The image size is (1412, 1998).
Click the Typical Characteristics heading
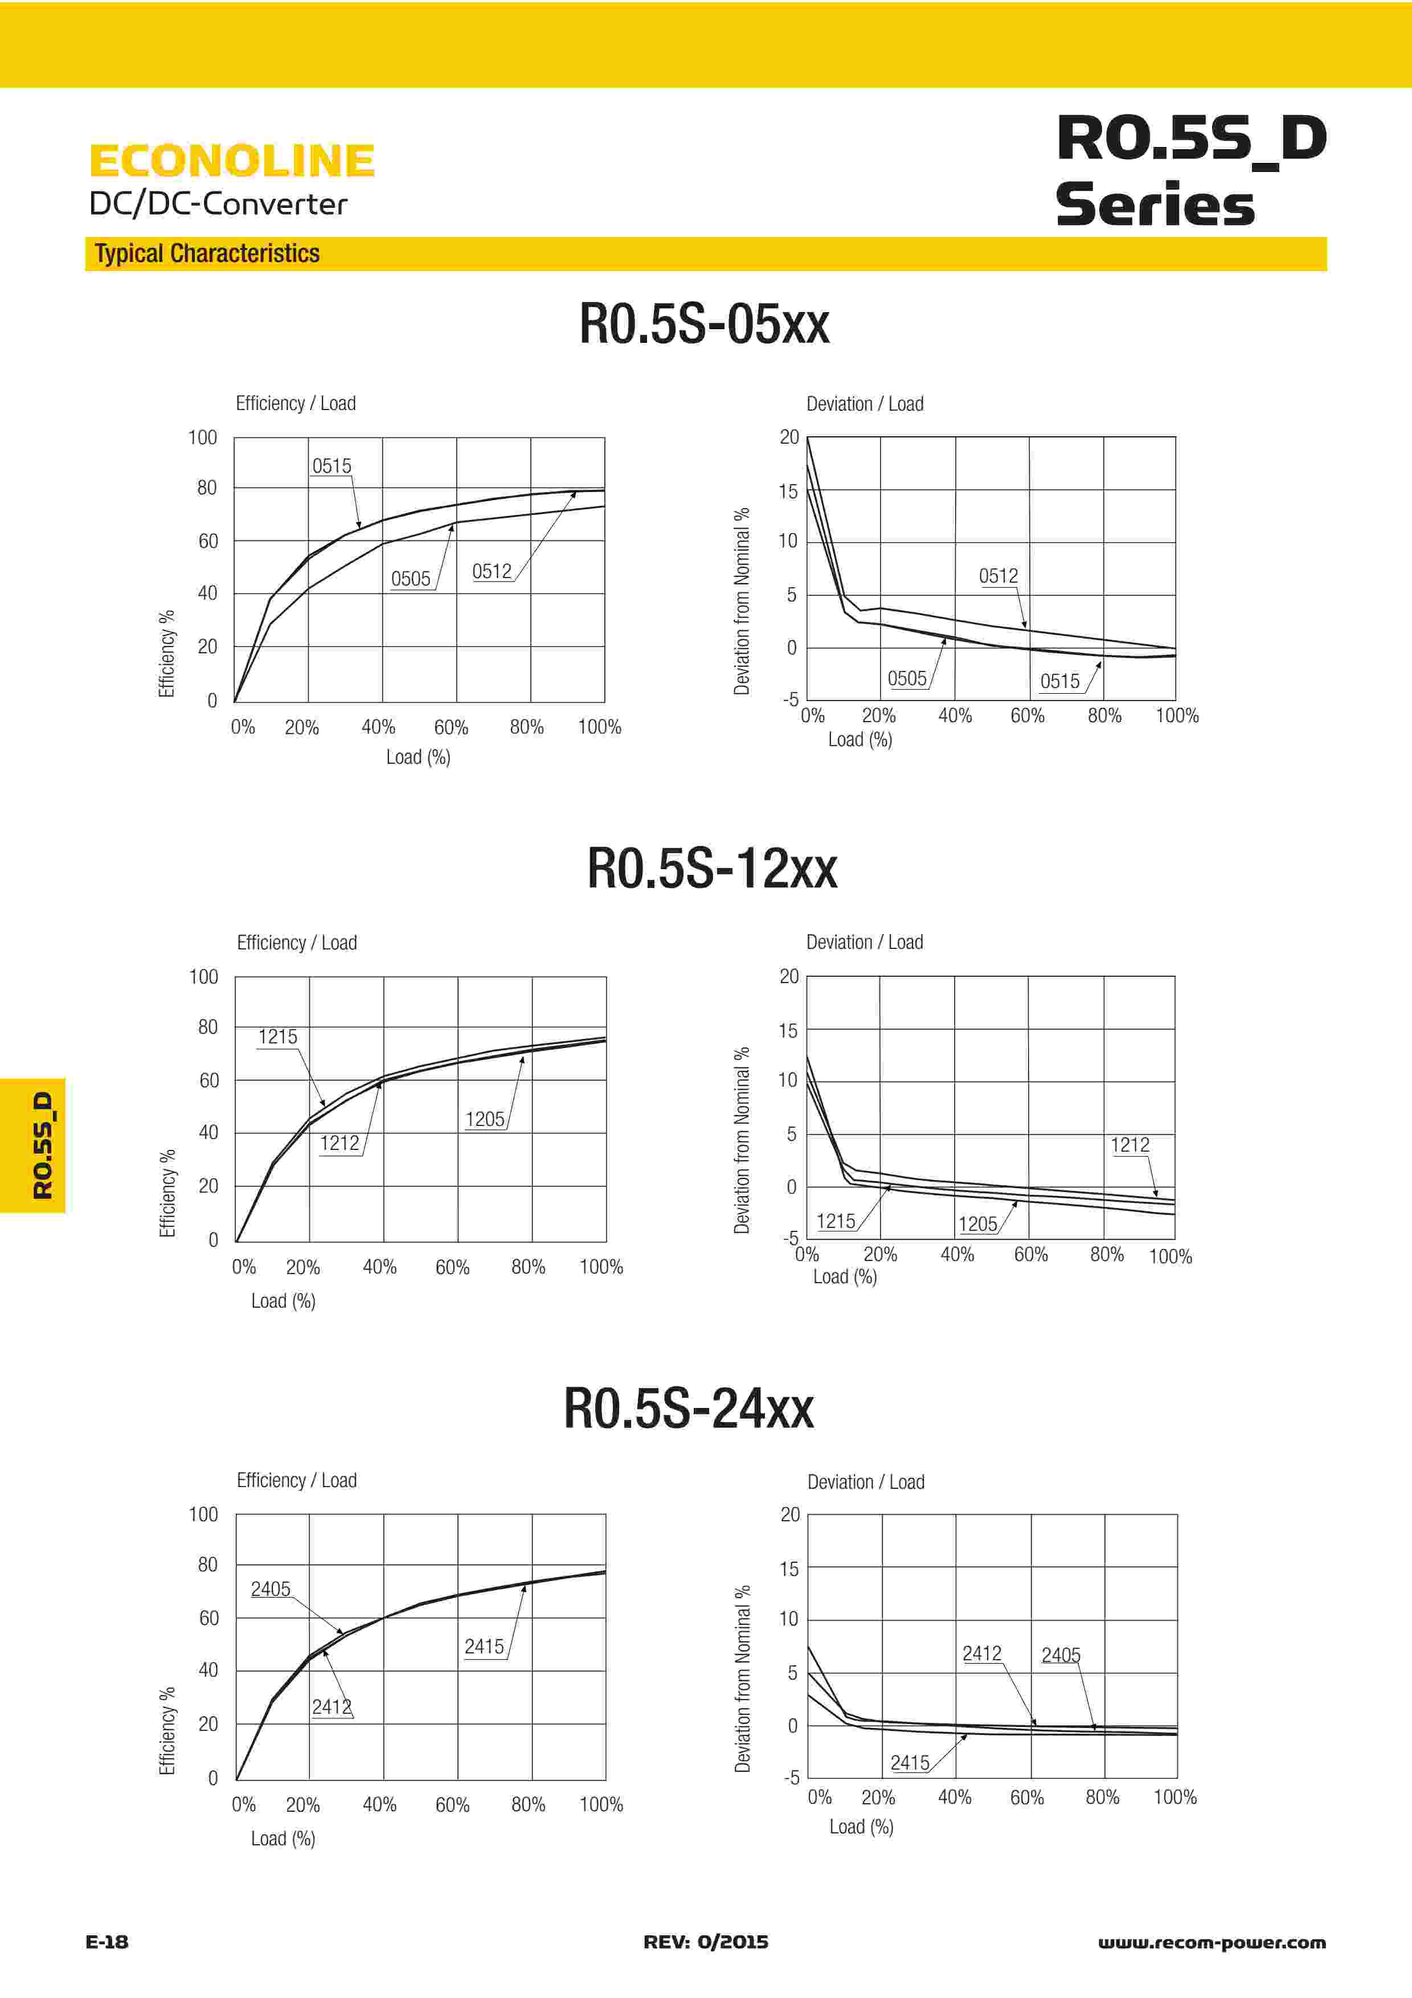click(x=207, y=253)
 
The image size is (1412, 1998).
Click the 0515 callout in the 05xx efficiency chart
click(x=331, y=465)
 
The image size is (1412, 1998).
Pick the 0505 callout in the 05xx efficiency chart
click(x=411, y=579)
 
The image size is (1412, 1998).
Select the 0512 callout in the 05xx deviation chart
click(x=998, y=576)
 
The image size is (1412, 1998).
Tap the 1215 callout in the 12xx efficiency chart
click(x=277, y=1037)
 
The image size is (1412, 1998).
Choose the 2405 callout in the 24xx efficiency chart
click(x=271, y=1589)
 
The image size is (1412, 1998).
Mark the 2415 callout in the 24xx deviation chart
click(x=910, y=1763)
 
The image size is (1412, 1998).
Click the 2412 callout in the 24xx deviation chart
click(x=981, y=1653)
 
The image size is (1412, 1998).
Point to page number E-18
click(x=107, y=1942)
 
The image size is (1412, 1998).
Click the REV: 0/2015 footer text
click(x=706, y=1942)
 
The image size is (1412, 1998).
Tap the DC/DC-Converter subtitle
click(x=218, y=204)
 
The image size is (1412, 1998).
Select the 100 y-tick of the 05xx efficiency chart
click(x=203, y=438)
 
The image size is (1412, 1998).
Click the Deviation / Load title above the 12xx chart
click(x=864, y=943)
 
